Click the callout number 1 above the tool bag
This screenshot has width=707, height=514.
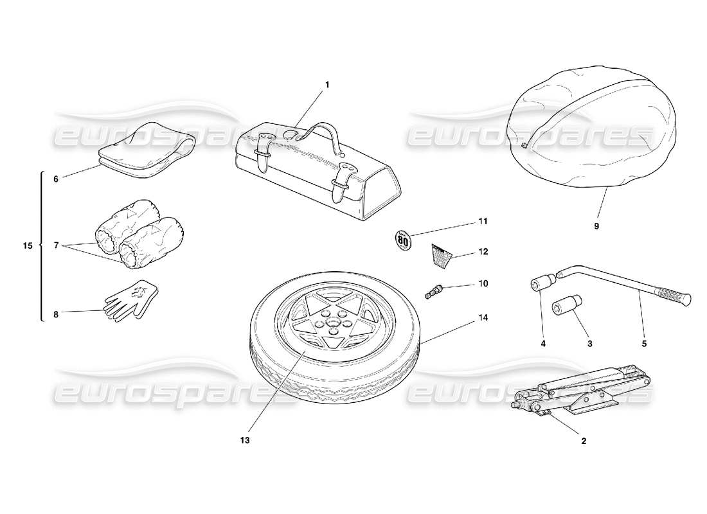pyautogui.click(x=327, y=84)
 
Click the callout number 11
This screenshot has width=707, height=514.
pyautogui.click(x=483, y=221)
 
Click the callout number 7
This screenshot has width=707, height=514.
pyautogui.click(x=56, y=245)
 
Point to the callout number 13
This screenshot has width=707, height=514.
pyautogui.click(x=245, y=441)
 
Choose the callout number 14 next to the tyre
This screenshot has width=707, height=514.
pyautogui.click(x=483, y=317)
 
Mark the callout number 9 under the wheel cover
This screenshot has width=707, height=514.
pyautogui.click(x=596, y=226)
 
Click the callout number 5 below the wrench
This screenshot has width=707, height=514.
pyautogui.click(x=644, y=344)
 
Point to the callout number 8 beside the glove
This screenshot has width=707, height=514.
pyautogui.click(x=56, y=315)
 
